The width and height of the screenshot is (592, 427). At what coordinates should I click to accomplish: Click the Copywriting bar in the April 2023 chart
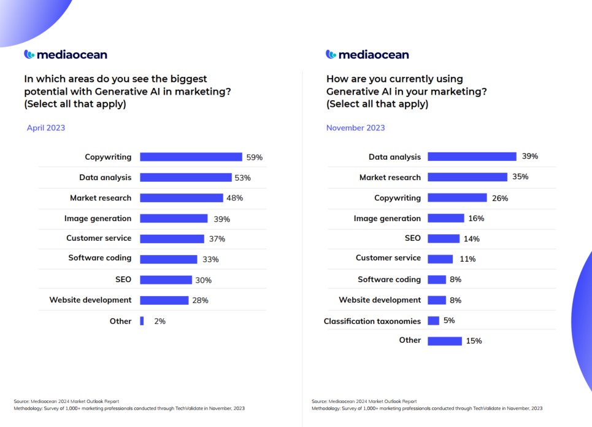(191, 157)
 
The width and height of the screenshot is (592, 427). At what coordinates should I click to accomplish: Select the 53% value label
(242, 178)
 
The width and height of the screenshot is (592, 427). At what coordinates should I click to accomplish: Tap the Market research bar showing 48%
(181, 198)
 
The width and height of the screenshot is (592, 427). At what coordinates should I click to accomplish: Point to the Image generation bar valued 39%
(174, 219)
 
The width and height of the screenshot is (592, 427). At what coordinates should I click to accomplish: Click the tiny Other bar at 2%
(142, 321)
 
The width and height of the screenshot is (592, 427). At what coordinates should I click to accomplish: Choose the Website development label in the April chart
(90, 300)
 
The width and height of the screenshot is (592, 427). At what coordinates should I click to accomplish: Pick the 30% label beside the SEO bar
(204, 280)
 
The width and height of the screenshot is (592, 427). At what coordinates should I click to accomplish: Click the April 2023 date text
(45, 128)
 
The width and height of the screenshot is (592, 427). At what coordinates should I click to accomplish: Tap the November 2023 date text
(355, 128)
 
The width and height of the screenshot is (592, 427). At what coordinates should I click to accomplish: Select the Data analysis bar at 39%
(472, 157)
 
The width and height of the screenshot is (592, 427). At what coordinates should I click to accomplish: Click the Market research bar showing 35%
(467, 178)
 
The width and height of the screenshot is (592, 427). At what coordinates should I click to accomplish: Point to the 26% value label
(500, 198)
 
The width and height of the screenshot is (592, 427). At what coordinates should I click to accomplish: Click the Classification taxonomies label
(372, 321)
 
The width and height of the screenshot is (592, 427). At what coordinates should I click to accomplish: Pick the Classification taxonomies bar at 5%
(433, 321)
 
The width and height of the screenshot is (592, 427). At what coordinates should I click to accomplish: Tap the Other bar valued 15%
(444, 341)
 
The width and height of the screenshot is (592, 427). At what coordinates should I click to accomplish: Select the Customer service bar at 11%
(440, 259)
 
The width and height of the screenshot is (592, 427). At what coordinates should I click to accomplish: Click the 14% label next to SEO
(472, 239)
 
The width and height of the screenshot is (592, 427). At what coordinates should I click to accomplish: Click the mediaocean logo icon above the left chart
(29, 54)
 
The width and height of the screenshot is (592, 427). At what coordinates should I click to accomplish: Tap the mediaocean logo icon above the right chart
(331, 54)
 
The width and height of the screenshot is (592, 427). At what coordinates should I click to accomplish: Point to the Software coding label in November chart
(389, 280)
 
